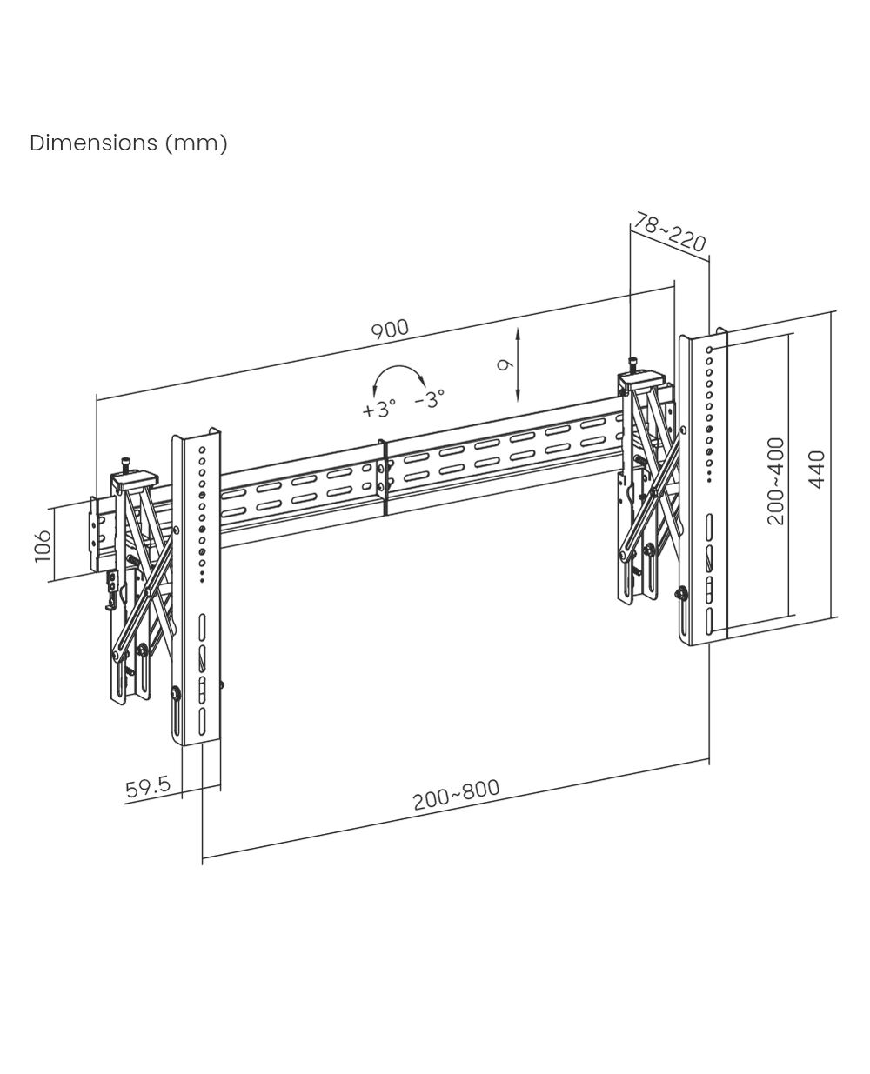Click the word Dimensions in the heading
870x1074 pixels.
pyautogui.click(x=93, y=143)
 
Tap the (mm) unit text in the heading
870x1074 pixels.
pyautogui.click(x=197, y=143)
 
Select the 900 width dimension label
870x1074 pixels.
pyautogui.click(x=390, y=330)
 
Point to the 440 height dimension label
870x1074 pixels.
pyautogui.click(x=817, y=470)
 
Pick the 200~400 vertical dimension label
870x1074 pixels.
pyautogui.click(x=776, y=481)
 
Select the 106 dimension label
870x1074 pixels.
pyautogui.click(x=43, y=547)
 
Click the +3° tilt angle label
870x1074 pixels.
pyautogui.click(x=378, y=409)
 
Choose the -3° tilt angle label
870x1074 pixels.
pyautogui.click(x=430, y=399)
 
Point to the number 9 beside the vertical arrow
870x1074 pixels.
pyautogui.click(x=505, y=364)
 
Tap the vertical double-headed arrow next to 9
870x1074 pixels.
pyautogui.click(x=518, y=364)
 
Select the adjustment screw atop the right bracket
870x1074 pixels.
pyautogui.click(x=632, y=364)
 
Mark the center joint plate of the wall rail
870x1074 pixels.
pyautogui.click(x=385, y=478)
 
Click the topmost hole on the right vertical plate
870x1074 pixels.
pyautogui.click(x=710, y=350)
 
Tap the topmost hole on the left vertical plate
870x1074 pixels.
pyautogui.click(x=202, y=449)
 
